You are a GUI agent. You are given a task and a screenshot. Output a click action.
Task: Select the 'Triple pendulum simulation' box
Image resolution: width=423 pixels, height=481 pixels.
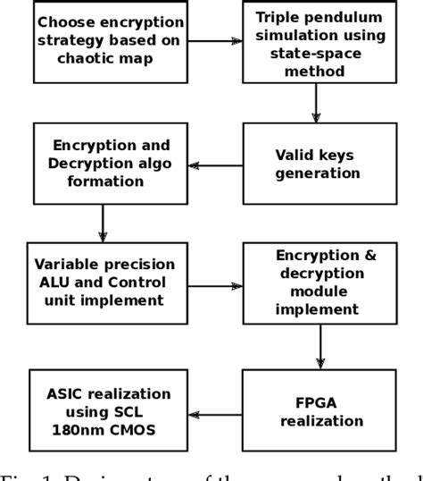point(317,40)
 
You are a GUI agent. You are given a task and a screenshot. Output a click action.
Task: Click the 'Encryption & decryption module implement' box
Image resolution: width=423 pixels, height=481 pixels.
point(317,283)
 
